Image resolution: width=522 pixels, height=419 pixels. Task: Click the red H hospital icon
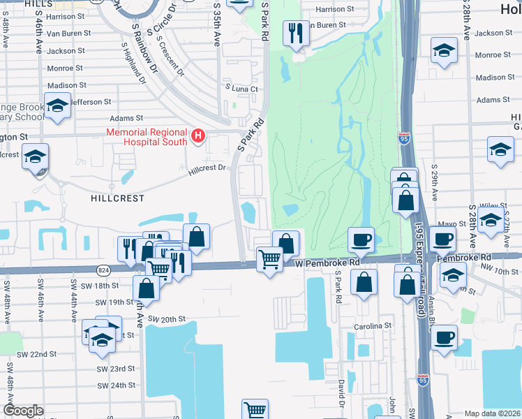[199, 135]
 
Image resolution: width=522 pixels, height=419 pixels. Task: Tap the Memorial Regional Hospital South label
[147, 137]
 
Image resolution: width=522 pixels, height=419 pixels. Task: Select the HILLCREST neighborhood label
[117, 198]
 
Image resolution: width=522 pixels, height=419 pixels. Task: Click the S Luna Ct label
[241, 89]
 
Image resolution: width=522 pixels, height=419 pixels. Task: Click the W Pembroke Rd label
[327, 263]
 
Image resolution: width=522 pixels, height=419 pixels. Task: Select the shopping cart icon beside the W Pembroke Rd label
[269, 260]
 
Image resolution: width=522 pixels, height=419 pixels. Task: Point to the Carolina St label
[373, 326]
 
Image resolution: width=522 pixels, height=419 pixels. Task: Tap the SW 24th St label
[115, 385]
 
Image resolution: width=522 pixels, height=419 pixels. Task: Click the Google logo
[23, 411]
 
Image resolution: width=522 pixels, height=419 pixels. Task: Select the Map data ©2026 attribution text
[493, 413]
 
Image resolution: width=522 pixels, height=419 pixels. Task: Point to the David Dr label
[341, 395]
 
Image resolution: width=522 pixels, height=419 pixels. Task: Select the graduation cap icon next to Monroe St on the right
[444, 51]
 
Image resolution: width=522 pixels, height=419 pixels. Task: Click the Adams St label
[126, 119]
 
